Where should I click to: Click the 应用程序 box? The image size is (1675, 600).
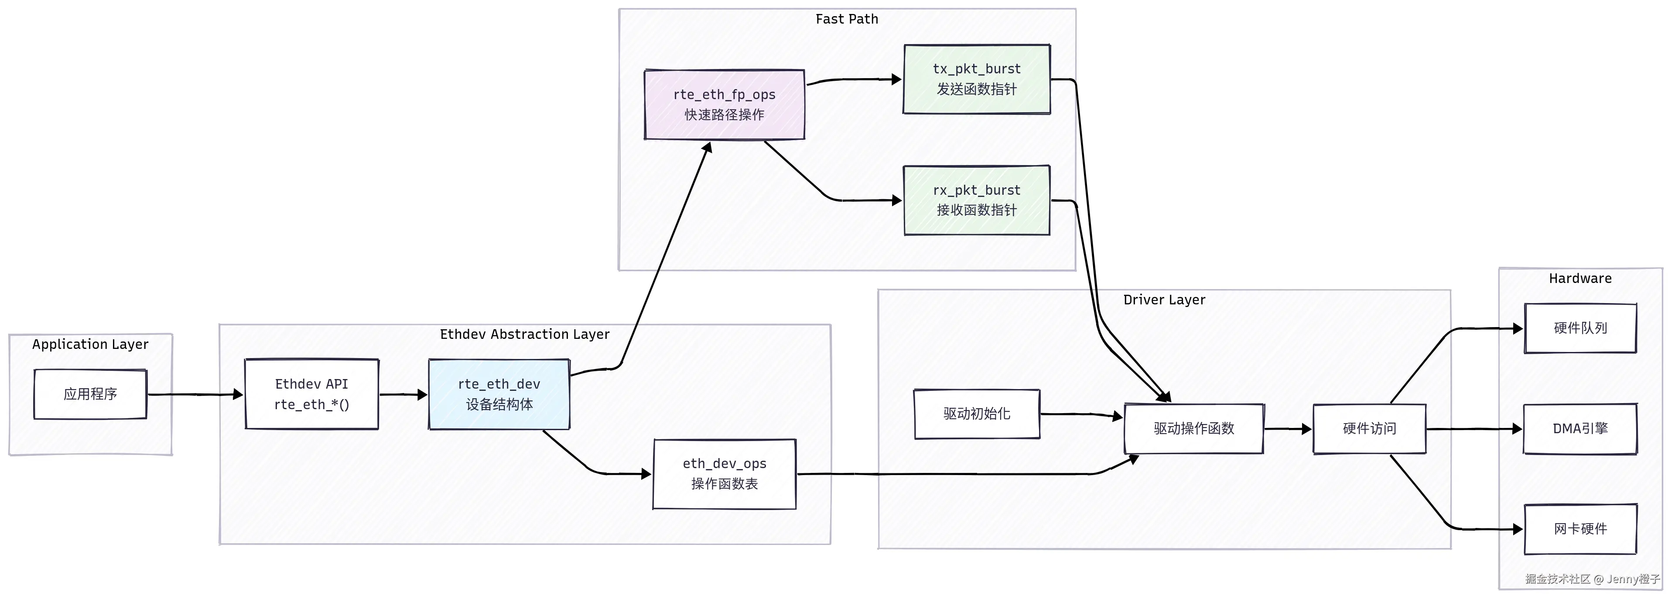point(90,394)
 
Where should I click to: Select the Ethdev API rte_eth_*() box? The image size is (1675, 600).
point(311,394)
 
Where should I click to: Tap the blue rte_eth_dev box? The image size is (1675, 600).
point(499,394)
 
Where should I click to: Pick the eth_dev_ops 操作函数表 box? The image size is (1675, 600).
point(725,474)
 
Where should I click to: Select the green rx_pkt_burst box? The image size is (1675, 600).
point(977,200)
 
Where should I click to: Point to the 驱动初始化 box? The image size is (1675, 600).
point(977,414)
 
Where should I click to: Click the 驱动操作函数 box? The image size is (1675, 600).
point(1194,429)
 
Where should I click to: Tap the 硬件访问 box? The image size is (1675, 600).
point(1369,429)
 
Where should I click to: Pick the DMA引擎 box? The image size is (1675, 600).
point(1580,429)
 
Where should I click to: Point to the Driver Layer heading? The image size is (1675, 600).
point(1164,300)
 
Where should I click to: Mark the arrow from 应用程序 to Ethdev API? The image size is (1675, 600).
point(195,394)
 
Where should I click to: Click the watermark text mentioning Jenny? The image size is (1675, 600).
point(1593,579)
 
